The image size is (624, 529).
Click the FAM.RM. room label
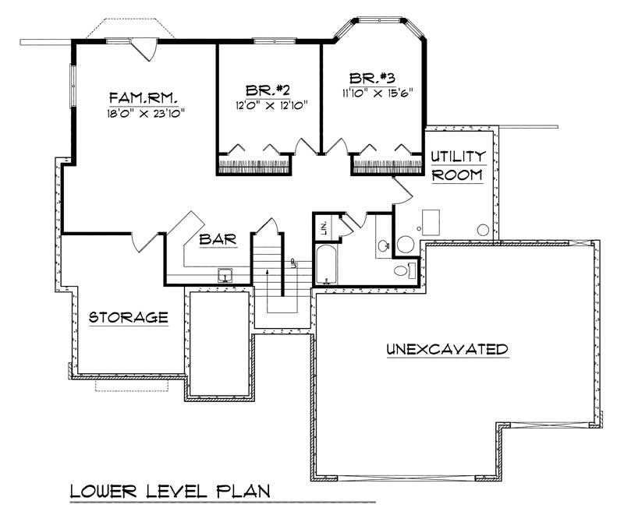144,97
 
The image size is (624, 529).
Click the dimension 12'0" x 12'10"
268,104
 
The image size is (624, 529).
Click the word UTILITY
459,157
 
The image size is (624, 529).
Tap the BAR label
217,241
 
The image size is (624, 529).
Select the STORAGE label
129,317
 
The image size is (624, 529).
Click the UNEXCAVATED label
448,349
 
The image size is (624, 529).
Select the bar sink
225,275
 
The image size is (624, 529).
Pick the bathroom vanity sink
382,246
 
